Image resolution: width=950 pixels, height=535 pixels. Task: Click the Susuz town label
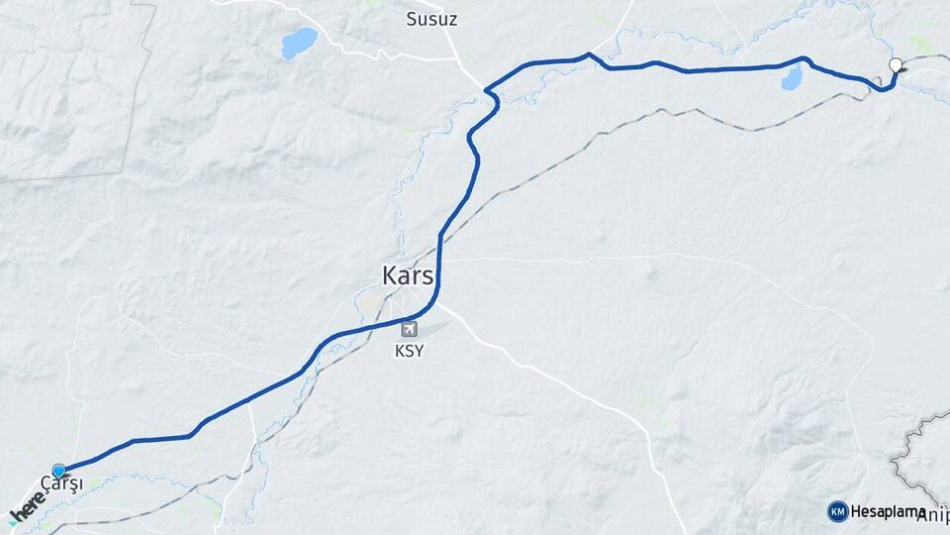point(432,19)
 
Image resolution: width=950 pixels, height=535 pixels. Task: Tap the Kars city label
point(408,276)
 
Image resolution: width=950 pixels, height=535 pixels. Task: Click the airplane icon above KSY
point(409,329)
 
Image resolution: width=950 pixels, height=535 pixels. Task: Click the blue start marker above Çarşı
point(59,471)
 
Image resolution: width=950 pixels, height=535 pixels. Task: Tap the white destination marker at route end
point(896,66)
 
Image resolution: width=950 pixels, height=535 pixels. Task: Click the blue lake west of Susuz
point(299,43)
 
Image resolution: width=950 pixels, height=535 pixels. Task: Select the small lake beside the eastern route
point(791,79)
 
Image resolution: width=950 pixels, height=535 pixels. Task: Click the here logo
point(28,507)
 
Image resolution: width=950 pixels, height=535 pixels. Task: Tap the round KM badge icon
point(838,511)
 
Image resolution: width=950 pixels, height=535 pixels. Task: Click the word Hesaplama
point(882,511)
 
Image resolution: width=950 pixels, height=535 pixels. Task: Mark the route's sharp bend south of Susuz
point(490,94)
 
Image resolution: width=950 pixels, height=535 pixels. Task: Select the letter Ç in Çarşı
point(47,482)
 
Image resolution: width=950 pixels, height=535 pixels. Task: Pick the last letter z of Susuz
point(453,19)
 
